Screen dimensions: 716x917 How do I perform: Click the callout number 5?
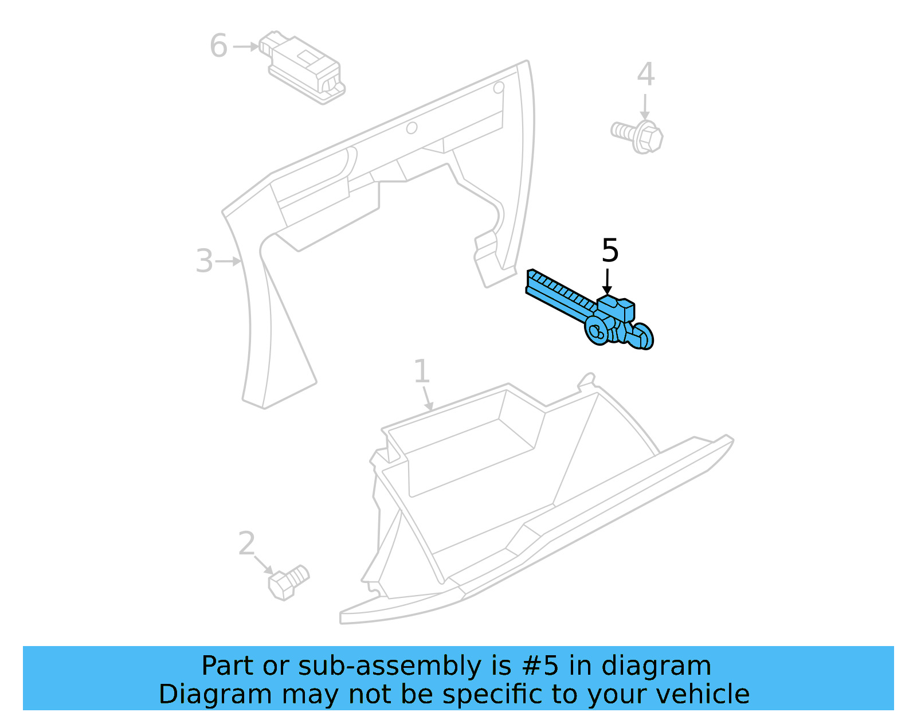coord(610,251)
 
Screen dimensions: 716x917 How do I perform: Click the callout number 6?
coord(218,46)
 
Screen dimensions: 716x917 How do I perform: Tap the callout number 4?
coord(645,75)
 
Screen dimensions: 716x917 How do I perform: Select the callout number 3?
coord(204,261)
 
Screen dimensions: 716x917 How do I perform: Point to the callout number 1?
coord(421,371)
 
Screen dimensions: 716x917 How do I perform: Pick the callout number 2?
coord(246,543)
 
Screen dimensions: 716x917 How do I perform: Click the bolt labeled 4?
coord(639,136)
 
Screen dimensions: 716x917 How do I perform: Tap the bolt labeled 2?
coord(288,582)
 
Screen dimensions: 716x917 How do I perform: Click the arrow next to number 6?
coord(246,46)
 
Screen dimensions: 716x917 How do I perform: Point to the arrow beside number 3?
coord(229,261)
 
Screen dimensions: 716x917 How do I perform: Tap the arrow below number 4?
coord(645,107)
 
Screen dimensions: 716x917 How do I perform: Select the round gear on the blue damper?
coord(597,331)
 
